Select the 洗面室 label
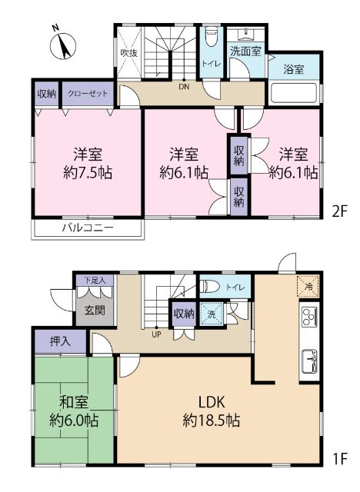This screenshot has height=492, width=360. (x=245, y=51)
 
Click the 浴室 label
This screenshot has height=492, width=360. (x=293, y=69)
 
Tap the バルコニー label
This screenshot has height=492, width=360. (x=87, y=228)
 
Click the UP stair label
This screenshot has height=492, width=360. (x=157, y=334)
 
